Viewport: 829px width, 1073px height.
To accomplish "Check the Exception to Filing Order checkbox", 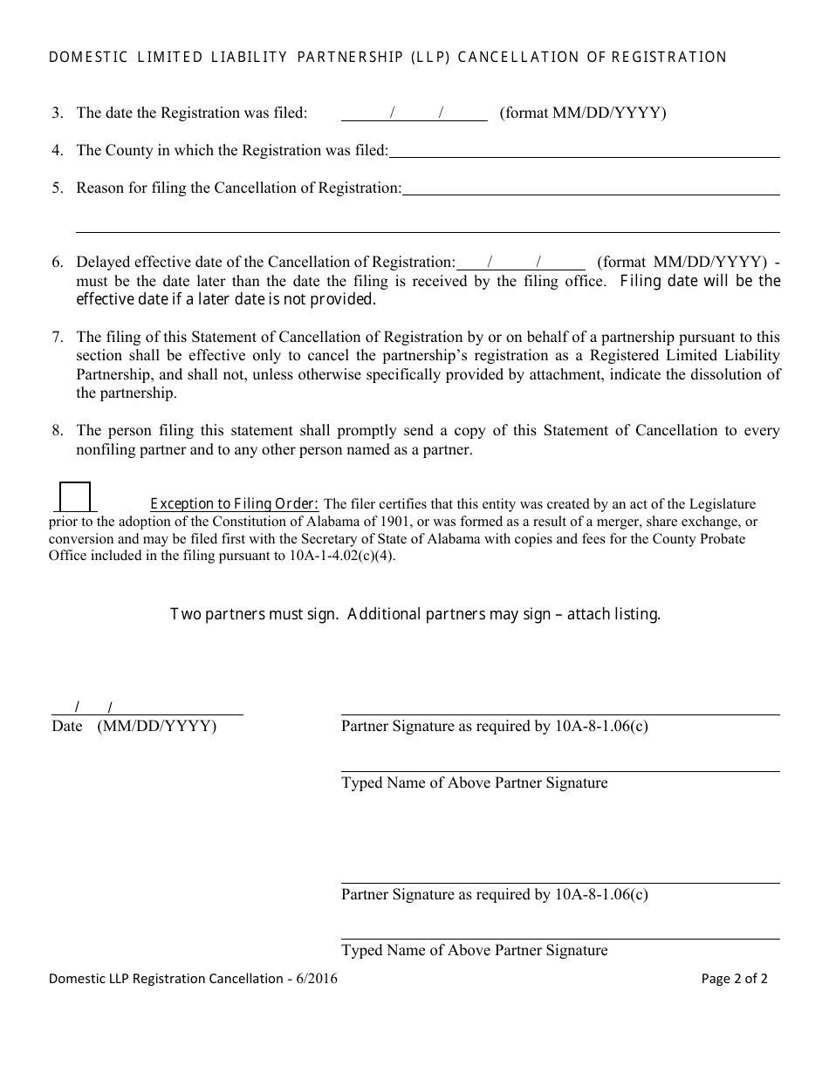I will pos(75,497).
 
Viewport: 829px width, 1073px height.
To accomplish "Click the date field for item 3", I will pos(414,113).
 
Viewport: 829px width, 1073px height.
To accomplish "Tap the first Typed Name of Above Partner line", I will pos(559,763).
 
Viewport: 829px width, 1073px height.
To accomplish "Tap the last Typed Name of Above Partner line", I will pos(559,931).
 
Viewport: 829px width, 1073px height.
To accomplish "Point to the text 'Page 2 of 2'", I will pos(735,979).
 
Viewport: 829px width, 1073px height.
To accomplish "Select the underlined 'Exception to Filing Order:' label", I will pos(235,504).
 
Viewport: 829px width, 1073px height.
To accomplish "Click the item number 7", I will pos(58,337).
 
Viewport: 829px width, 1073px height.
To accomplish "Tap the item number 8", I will pos(58,430).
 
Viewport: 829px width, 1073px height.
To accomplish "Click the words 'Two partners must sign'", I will pos(254,614).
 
